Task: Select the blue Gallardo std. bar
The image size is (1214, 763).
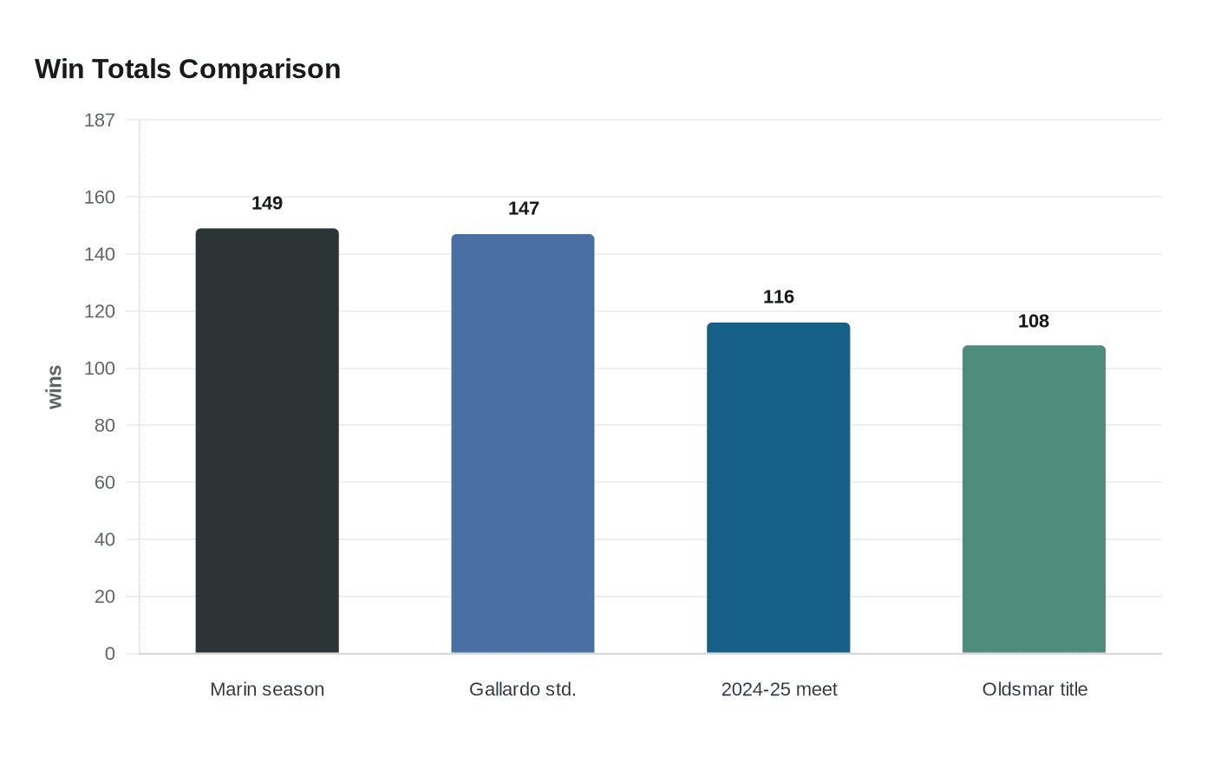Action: [x=523, y=443]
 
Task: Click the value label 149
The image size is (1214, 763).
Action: [x=267, y=203]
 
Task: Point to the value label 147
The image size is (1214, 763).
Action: [x=523, y=208]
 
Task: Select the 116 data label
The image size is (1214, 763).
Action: [x=779, y=297]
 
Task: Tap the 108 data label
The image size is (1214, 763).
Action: [x=1034, y=321]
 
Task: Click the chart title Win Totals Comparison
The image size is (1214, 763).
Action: [x=187, y=68]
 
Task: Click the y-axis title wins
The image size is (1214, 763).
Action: [x=55, y=387]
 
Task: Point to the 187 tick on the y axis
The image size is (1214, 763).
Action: [x=100, y=121]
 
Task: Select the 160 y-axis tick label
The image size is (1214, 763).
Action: [x=100, y=197]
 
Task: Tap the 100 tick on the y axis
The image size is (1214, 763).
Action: [x=100, y=368]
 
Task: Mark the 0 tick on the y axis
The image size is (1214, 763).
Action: [x=109, y=654]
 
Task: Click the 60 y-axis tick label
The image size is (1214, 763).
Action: [x=105, y=482]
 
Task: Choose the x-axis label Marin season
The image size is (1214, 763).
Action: [x=267, y=689]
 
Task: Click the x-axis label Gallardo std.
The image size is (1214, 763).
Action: [x=523, y=689]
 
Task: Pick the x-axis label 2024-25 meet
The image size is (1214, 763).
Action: [x=779, y=689]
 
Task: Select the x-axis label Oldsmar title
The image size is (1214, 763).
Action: [x=1034, y=689]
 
